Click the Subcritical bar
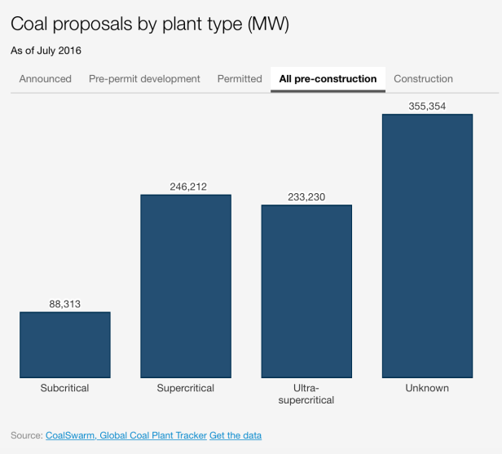point(65,345)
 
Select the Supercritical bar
point(186,286)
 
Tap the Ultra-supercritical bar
point(306,291)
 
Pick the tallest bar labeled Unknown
point(427,246)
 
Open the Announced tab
point(46,79)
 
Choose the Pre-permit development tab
point(144,79)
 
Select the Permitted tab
point(240,79)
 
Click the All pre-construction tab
point(328,79)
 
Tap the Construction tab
point(423,79)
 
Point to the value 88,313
point(65,305)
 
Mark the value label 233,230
point(306,196)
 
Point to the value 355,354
point(427,106)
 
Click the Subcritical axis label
point(65,388)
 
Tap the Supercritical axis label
point(186,388)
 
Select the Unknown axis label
point(427,388)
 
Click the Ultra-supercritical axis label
point(306,394)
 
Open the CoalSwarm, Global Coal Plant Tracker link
point(125,436)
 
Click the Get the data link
point(236,436)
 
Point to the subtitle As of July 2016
point(46,51)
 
